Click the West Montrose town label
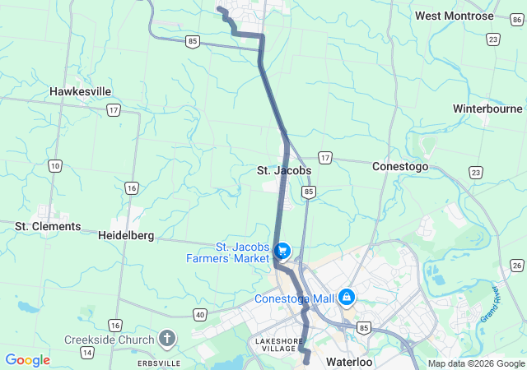tap(454, 16)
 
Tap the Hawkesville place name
tap(81, 91)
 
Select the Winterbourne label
tap(487, 109)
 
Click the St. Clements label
tap(48, 226)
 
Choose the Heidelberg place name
tap(126, 235)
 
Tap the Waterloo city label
tap(349, 362)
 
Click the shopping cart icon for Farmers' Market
tap(283, 249)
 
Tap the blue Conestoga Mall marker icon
tap(347, 296)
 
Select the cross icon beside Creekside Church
tap(167, 338)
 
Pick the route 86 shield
tap(516, 7)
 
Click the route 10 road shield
tap(54, 166)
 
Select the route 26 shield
tap(516, 265)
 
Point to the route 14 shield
tap(86, 352)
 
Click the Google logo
tap(27, 360)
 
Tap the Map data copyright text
tap(476, 363)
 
